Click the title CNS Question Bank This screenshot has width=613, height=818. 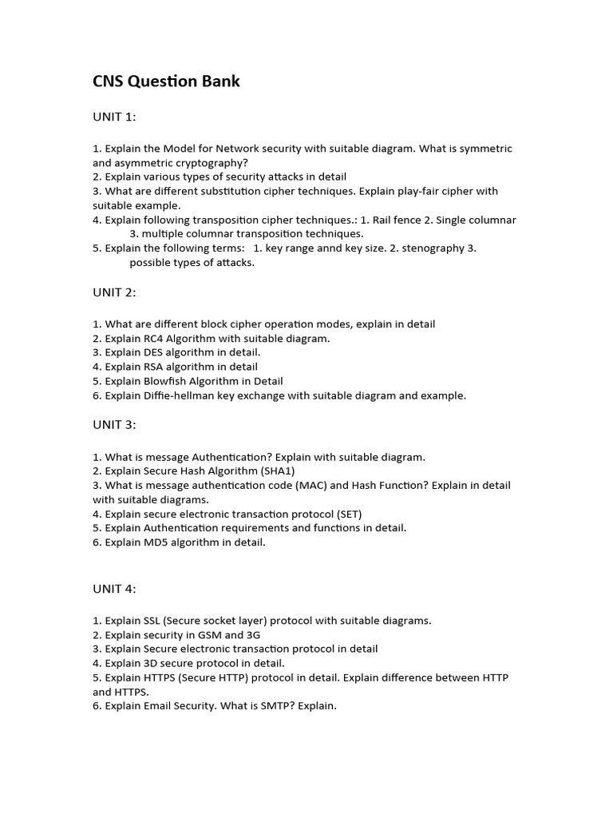[x=166, y=81]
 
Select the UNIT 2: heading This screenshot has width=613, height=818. [x=114, y=292]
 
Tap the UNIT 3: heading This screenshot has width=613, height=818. [x=114, y=425]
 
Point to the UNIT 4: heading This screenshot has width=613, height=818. [x=114, y=589]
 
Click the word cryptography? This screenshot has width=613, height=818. [x=204, y=162]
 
